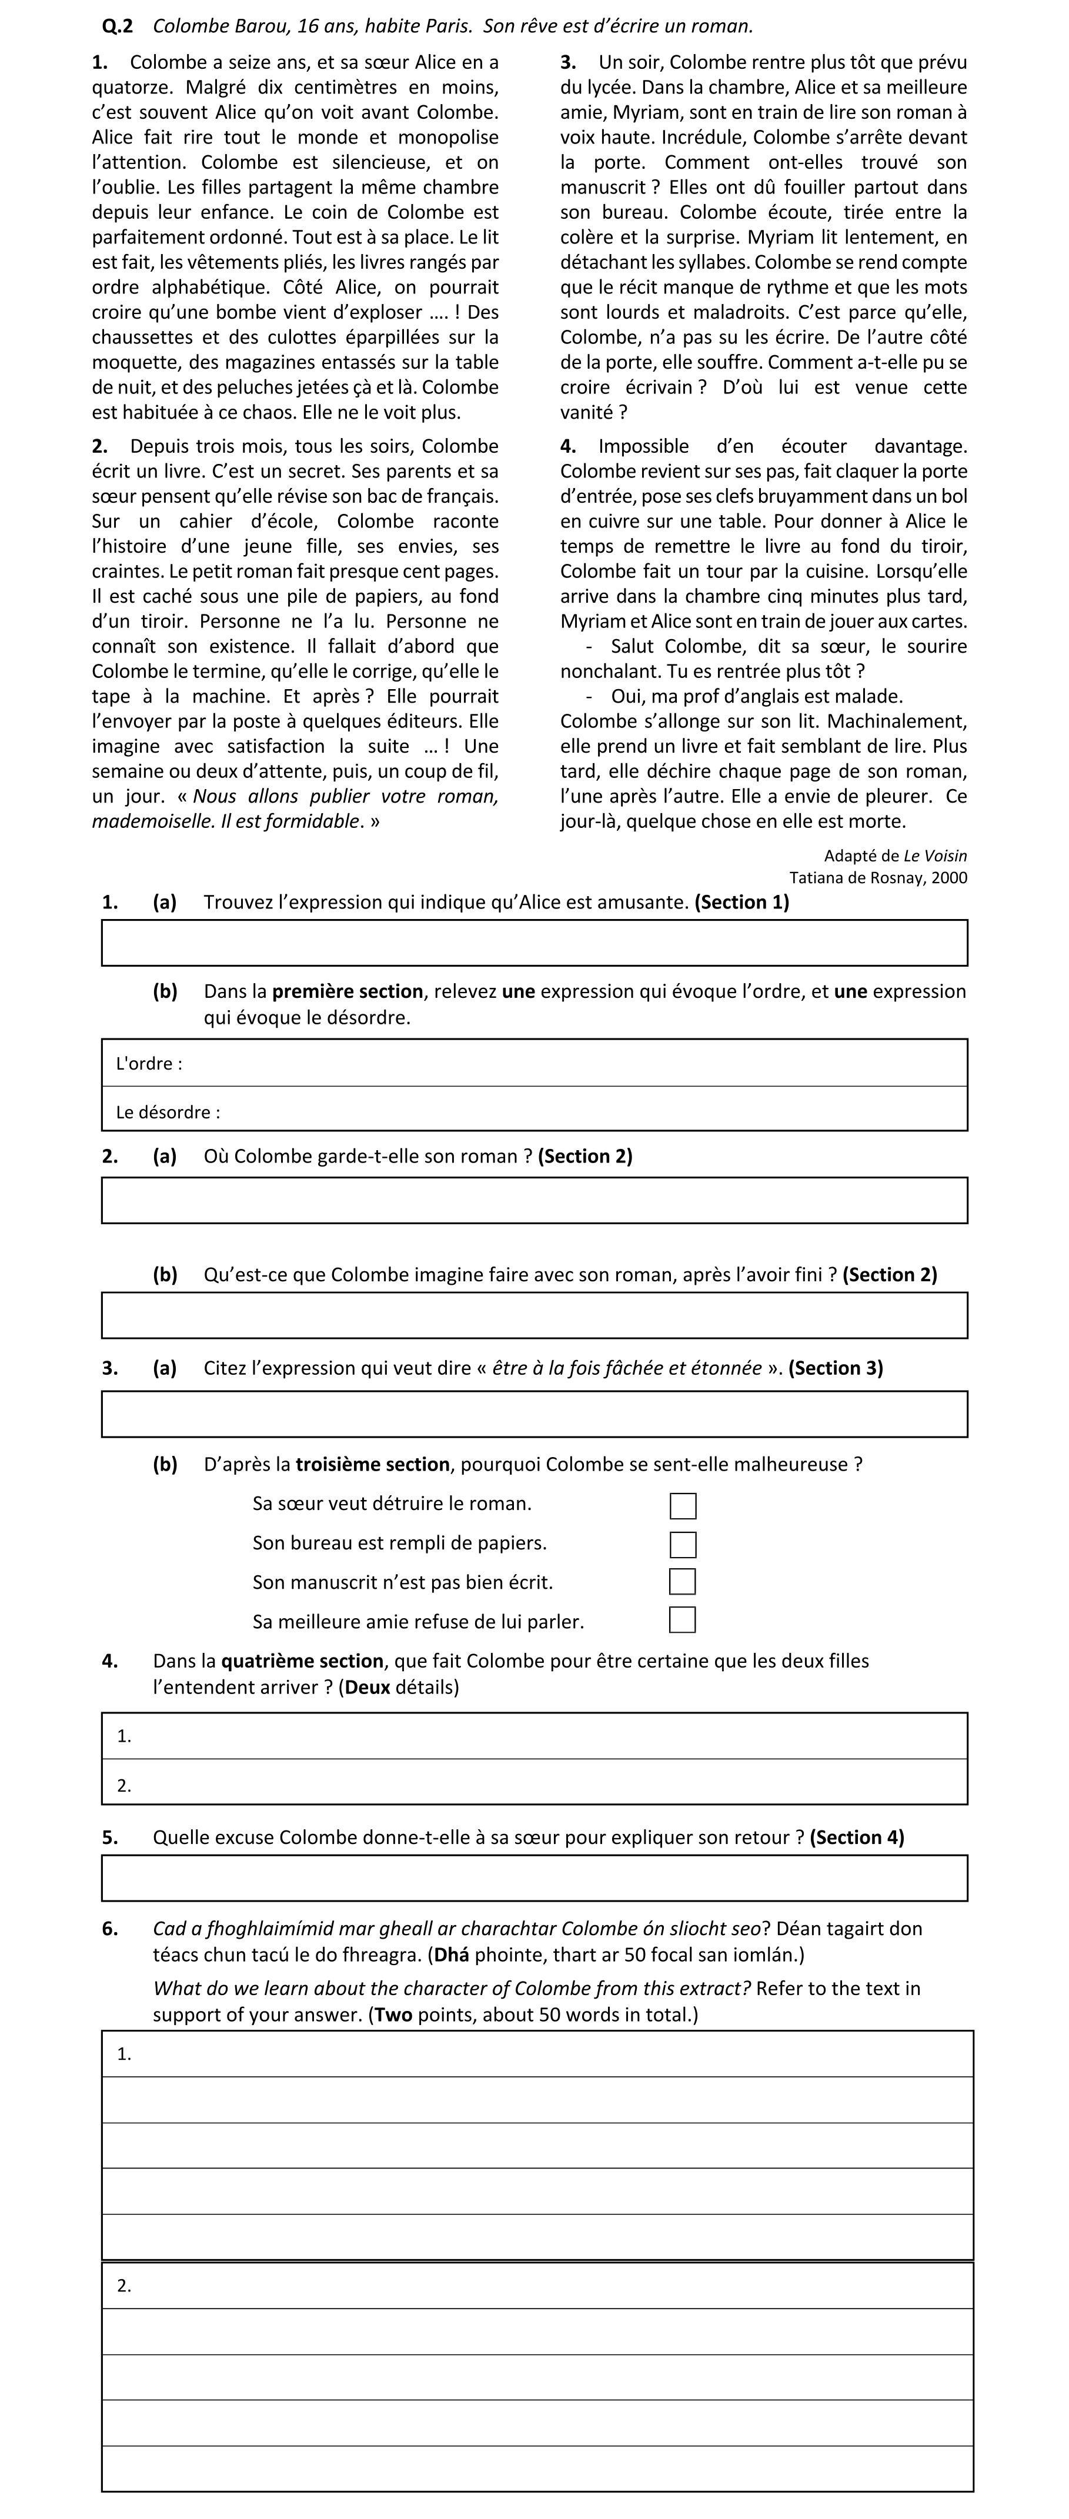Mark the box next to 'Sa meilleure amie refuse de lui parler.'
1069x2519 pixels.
coord(683,1621)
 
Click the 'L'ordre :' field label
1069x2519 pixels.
coord(149,1064)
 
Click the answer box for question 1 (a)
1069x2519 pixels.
coord(534,943)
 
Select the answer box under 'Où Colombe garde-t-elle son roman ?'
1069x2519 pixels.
coord(534,1200)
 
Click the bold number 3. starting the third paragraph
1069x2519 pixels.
coord(568,62)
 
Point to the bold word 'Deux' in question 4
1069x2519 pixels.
coord(367,1687)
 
